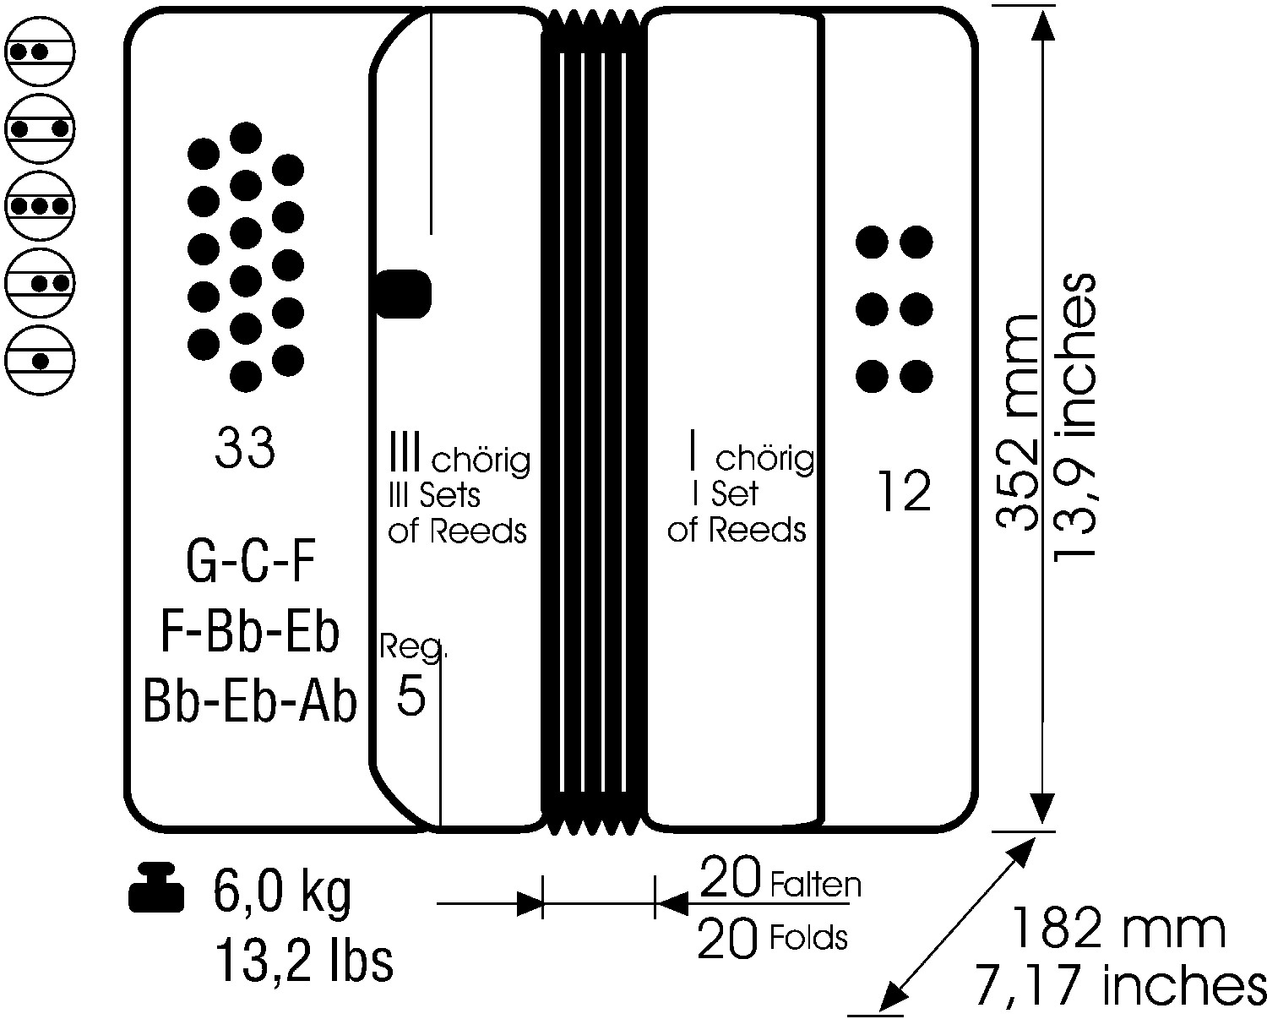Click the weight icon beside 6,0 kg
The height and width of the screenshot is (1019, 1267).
pyautogui.click(x=156, y=888)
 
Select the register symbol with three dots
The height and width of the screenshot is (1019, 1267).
pyautogui.click(x=40, y=206)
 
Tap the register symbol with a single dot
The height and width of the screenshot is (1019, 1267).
pyautogui.click(x=40, y=360)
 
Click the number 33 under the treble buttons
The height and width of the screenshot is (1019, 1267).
pyautogui.click(x=244, y=448)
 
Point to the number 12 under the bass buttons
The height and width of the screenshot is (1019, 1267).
pyautogui.click(x=904, y=490)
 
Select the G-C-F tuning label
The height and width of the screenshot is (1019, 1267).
pyautogui.click(x=250, y=562)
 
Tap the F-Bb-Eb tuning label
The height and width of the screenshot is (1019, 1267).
pyautogui.click(x=250, y=632)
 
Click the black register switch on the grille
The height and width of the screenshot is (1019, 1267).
pyautogui.click(x=403, y=294)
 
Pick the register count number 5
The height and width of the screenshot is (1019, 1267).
pyautogui.click(x=411, y=695)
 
